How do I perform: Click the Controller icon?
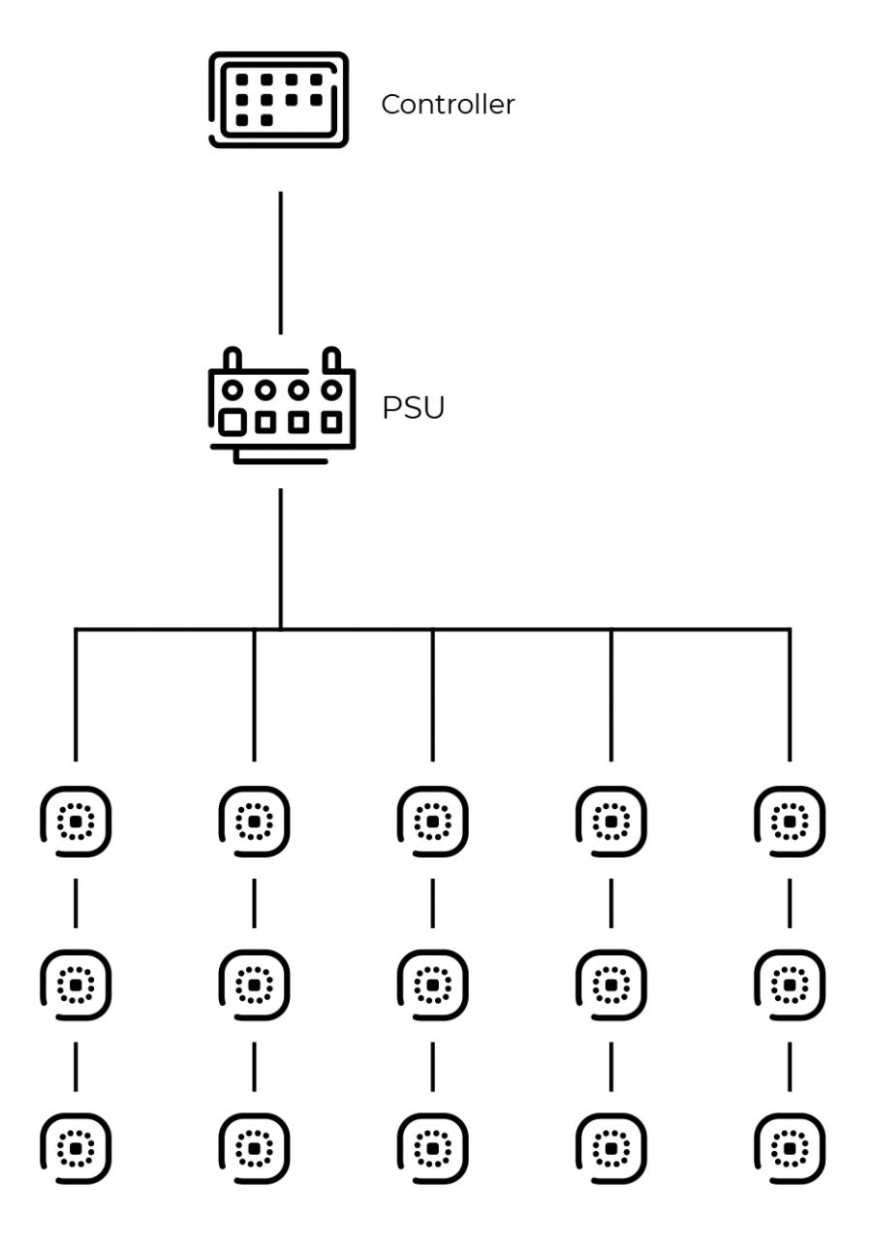pos(278,100)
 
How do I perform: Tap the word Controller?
pos(448,105)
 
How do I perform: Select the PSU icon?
pos(282,406)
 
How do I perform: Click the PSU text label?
pos(413,408)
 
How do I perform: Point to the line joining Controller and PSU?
pos(281,262)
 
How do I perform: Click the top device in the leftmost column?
pos(76,822)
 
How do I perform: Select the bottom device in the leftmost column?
pos(76,1148)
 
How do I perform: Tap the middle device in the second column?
pos(254,984)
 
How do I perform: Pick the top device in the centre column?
pos(432,822)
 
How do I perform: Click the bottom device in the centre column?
pos(432,1148)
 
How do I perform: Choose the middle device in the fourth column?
pos(610,984)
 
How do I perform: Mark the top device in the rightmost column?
pos(789,822)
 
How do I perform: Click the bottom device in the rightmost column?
pos(789,1148)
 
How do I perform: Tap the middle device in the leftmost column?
pos(76,984)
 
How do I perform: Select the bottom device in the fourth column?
pos(610,1148)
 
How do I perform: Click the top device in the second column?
pos(254,822)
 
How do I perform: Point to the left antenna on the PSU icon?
pos(233,359)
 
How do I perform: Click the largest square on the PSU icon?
pos(233,422)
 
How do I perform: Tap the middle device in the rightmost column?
pos(789,984)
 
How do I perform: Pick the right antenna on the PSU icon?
pos(331,359)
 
